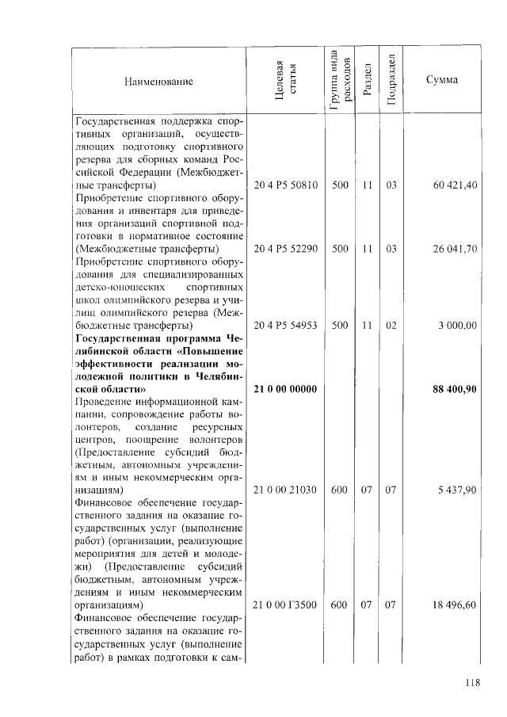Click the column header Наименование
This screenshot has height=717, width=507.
(x=158, y=82)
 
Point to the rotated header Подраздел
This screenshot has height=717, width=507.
(x=391, y=81)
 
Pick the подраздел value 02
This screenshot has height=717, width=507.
(x=391, y=326)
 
